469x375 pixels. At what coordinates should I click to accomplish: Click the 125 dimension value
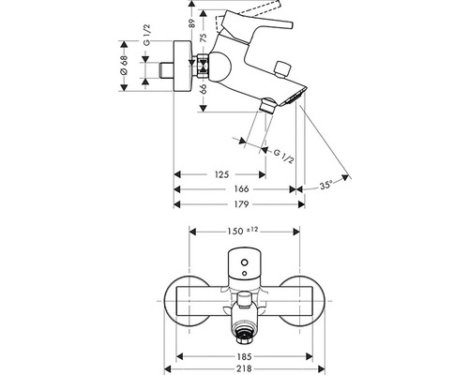[x=222, y=174]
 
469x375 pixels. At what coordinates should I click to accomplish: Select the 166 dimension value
[x=241, y=189]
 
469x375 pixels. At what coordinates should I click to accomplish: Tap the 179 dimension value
[x=241, y=204]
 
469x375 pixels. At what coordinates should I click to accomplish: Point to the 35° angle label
[x=325, y=186]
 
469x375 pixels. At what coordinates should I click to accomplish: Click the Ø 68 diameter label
[x=124, y=65]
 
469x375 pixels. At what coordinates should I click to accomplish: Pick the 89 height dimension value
[x=191, y=23]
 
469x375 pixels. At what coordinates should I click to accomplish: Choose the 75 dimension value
[x=204, y=37]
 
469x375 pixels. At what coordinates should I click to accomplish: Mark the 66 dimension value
[x=204, y=89]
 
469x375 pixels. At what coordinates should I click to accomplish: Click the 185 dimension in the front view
[x=244, y=356]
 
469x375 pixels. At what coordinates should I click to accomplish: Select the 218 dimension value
[x=244, y=369]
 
